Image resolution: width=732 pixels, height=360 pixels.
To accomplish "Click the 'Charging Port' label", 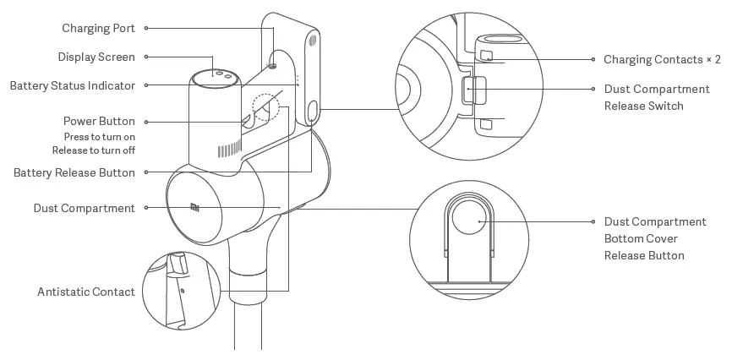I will pyautogui.click(x=98, y=28).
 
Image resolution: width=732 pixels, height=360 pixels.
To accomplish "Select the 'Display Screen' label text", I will pyautogui.click(x=96, y=57).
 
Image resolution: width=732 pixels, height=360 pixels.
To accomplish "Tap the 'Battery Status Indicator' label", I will pyautogui.click(x=73, y=85).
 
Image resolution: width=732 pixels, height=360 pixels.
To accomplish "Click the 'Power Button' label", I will pyautogui.click(x=99, y=121).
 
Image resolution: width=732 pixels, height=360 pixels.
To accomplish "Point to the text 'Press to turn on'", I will pyautogui.click(x=100, y=136).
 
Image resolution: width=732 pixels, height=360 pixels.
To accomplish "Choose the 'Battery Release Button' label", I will pyautogui.click(x=74, y=172).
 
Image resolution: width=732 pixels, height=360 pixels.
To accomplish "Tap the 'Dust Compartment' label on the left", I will pyautogui.click(x=85, y=208).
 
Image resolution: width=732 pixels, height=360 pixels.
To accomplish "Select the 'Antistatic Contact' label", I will pyautogui.click(x=86, y=292).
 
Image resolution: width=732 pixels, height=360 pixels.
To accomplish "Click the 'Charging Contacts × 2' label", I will pyautogui.click(x=662, y=60).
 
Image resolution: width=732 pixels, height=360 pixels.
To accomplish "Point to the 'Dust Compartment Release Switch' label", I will pyautogui.click(x=656, y=97).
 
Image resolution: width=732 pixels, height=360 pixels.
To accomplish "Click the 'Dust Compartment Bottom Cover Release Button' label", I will pyautogui.click(x=655, y=238).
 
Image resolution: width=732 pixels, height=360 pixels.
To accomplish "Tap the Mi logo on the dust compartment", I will pyautogui.click(x=195, y=205).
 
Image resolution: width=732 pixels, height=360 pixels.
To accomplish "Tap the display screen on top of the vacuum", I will pyautogui.click(x=211, y=74).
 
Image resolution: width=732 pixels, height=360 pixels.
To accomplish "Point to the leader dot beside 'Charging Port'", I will pyautogui.click(x=146, y=28).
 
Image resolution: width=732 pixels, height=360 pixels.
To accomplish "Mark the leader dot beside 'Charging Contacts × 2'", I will pyautogui.click(x=593, y=60).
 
